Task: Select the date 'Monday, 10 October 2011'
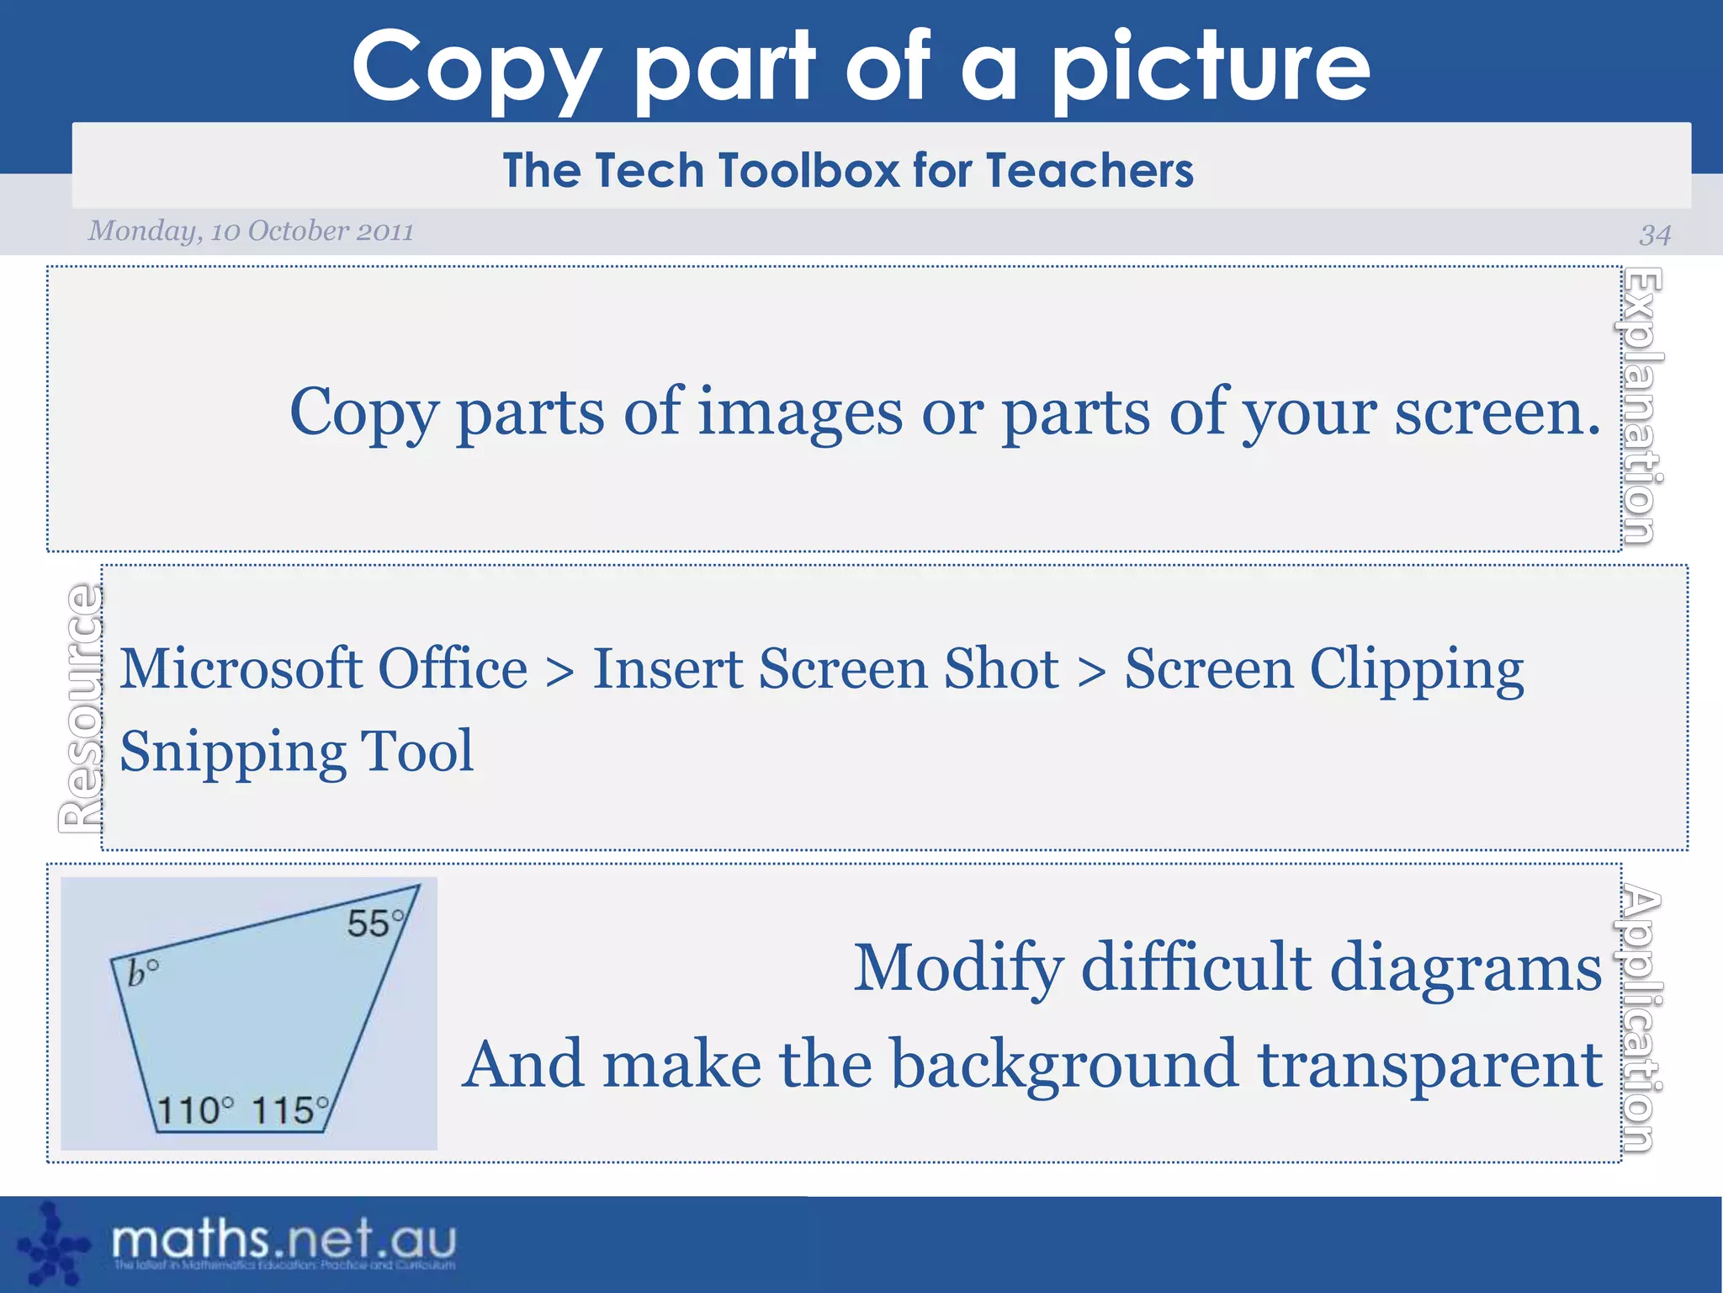coord(251,231)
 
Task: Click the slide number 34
coord(1654,234)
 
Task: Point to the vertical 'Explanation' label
coord(1641,406)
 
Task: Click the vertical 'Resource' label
coord(81,708)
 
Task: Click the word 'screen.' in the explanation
coord(1498,412)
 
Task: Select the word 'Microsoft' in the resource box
coord(241,669)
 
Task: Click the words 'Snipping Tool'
coord(296,751)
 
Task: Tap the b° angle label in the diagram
coord(142,972)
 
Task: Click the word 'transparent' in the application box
coord(1429,1064)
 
